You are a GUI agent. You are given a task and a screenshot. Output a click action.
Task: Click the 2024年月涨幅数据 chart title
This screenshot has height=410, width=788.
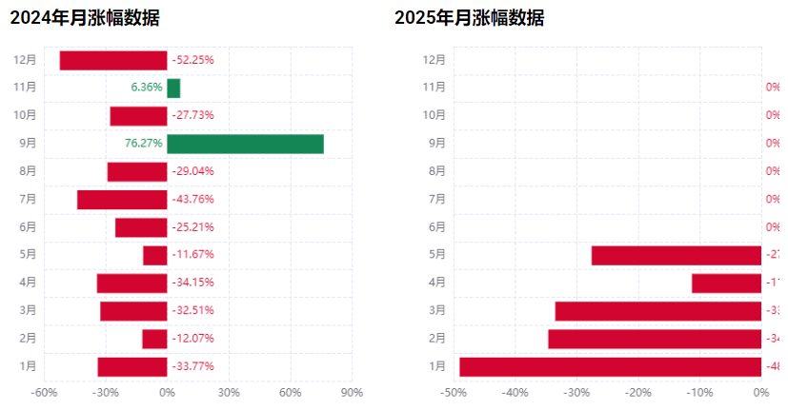point(85,17)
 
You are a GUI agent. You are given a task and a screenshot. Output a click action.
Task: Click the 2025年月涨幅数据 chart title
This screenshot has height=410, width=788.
point(470,17)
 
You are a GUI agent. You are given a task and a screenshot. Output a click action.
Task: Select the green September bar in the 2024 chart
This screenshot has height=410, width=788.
point(245,144)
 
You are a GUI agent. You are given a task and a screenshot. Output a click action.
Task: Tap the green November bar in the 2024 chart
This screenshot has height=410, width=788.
point(173,88)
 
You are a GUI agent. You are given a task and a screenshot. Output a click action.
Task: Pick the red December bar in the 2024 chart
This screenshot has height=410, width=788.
point(113,60)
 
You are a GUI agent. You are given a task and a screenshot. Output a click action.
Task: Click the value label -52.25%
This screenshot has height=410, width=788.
point(192,60)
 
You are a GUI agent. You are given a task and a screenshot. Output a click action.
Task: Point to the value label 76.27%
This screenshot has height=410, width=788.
point(143,144)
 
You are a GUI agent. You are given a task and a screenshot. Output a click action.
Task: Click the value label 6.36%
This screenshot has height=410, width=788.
point(147,88)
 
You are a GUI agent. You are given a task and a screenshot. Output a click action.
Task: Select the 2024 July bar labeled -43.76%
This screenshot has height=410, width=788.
point(122,200)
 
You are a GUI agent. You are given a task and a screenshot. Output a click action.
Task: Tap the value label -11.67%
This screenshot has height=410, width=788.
point(192,255)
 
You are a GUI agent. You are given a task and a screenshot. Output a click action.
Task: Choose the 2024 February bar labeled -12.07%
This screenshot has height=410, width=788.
point(154,339)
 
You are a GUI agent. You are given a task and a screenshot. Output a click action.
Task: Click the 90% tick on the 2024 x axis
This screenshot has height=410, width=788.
point(352,392)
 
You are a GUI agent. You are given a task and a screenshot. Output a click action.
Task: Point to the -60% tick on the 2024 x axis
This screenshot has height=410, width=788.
point(44,392)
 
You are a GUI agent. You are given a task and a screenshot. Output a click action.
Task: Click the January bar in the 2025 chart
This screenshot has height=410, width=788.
point(611,367)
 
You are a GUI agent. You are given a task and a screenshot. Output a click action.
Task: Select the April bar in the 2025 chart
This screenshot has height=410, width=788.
point(726,283)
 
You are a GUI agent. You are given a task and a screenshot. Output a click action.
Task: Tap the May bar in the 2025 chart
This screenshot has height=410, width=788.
point(677,255)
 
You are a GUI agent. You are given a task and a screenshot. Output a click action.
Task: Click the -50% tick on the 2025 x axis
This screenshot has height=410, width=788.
point(454,392)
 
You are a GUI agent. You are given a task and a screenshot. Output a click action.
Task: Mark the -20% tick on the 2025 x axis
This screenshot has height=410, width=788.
point(638,392)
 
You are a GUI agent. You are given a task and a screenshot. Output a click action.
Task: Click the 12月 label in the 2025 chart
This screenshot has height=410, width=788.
point(434,60)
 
